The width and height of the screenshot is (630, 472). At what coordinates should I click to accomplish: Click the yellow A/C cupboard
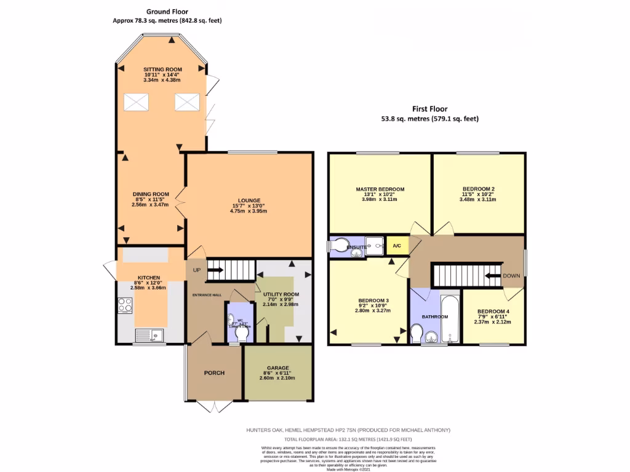click(397, 246)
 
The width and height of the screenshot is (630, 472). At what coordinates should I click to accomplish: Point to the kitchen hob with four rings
click(125, 305)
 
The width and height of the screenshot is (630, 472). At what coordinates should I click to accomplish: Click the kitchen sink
click(148, 335)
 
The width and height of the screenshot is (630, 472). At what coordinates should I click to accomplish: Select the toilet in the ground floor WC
click(242, 332)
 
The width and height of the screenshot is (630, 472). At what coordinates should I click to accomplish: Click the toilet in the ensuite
click(338, 246)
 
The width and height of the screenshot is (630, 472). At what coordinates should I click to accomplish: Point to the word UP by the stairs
click(196, 270)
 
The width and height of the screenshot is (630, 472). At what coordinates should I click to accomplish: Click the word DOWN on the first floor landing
click(511, 276)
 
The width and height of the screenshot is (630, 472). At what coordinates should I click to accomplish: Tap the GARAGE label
click(277, 368)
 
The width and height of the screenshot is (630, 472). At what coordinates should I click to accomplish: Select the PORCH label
click(214, 373)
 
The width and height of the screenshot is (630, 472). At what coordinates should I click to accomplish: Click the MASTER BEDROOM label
click(380, 189)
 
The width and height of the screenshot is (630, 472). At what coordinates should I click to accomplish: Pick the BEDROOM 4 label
click(493, 311)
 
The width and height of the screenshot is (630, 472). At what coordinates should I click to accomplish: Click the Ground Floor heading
click(167, 11)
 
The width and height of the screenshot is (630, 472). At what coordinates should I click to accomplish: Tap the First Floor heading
click(429, 109)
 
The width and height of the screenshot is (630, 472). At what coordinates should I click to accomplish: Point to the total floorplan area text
click(348, 440)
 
